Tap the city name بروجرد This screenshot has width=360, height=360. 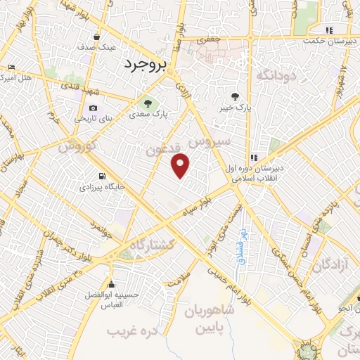point(144,65)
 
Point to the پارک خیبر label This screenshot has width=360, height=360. point(234,106)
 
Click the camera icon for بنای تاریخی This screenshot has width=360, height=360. point(94,108)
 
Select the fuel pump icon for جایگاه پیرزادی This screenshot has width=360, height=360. point(103,176)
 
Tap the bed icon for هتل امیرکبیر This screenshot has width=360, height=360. point(11,67)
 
